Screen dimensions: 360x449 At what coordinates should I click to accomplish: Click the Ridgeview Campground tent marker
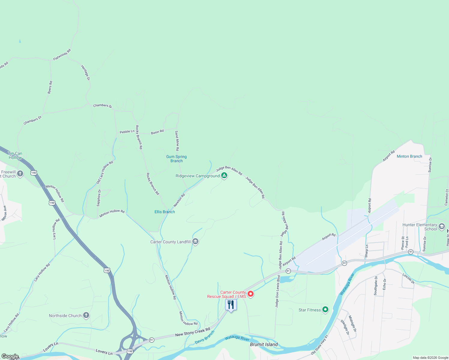tap(224, 175)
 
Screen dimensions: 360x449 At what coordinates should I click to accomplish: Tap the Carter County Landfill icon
tap(195, 241)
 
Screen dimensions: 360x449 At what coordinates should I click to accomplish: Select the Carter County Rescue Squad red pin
tap(251, 294)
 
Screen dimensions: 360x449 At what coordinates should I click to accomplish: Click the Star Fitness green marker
tap(325, 310)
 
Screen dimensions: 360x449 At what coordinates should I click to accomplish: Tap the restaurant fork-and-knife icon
tap(231, 305)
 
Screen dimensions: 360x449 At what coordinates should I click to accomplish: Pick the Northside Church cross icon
tap(86, 315)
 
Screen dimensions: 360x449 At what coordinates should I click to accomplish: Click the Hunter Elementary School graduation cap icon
tap(441, 226)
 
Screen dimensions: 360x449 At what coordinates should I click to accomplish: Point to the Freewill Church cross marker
tap(20, 174)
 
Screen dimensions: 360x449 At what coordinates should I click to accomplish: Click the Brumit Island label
tap(264, 344)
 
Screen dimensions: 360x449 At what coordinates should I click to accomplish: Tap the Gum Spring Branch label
tap(176, 159)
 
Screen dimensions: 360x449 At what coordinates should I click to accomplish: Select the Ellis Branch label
tap(164, 212)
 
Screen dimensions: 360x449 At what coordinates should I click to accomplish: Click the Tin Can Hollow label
tap(15, 155)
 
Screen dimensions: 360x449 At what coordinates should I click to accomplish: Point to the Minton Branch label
tap(409, 156)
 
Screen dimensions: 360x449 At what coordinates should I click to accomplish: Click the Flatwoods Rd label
tap(62, 55)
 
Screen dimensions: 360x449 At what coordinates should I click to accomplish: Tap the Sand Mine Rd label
tap(177, 141)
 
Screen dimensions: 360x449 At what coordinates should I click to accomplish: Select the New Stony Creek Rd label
tap(193, 332)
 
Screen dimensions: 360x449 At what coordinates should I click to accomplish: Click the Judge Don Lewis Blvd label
tap(277, 291)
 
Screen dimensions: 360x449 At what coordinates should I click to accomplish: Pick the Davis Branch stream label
tap(205, 337)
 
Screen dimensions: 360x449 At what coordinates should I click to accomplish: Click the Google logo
tap(10, 356)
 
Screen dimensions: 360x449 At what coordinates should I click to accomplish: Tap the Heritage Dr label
tap(86, 73)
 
